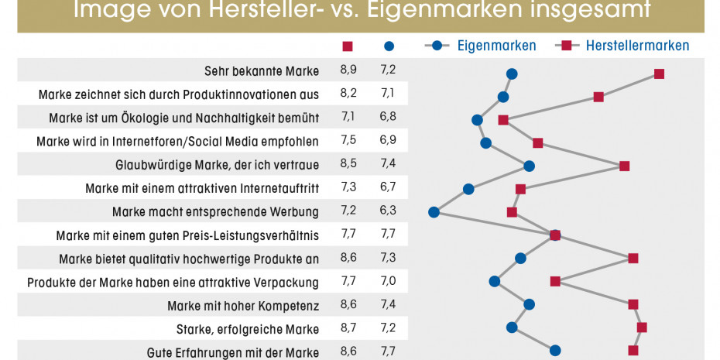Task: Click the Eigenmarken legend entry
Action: (495, 46)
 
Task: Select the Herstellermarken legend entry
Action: (637, 46)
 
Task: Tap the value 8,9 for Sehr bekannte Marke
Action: (348, 71)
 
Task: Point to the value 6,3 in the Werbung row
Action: (389, 211)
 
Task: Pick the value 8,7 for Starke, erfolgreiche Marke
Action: (348, 327)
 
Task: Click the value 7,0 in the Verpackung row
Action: (389, 281)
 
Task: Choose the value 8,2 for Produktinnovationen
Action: (348, 94)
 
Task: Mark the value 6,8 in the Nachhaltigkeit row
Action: (389, 118)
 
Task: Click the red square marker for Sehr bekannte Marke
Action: (659, 74)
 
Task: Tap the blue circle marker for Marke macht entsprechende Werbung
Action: (434, 212)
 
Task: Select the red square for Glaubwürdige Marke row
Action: (625, 166)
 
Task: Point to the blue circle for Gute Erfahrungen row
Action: (555, 351)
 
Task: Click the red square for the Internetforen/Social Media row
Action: (538, 142)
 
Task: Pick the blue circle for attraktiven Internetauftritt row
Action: (468, 189)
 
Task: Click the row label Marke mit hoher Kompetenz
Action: (243, 304)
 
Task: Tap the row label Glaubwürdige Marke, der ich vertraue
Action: (217, 165)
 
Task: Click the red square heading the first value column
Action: (348, 46)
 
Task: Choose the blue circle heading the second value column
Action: (389, 46)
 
